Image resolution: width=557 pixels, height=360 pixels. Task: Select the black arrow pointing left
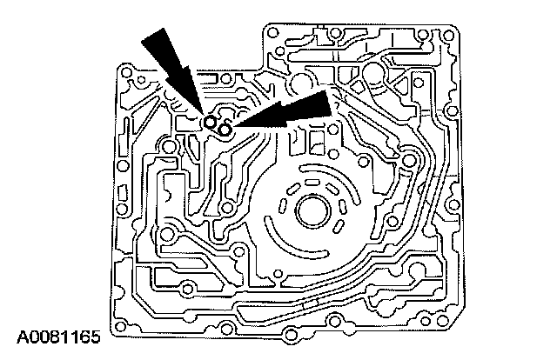coord(292,111)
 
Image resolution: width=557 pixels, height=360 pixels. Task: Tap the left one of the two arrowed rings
coord(209,122)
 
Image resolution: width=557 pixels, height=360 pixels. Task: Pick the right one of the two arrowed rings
coord(225,130)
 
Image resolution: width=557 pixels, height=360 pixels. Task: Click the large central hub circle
coord(311,210)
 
